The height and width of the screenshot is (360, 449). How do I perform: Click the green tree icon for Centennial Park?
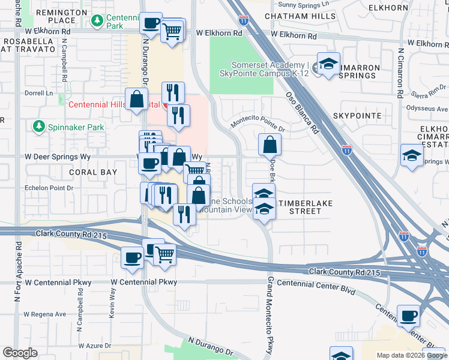97,21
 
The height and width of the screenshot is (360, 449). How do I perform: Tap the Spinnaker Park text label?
76,127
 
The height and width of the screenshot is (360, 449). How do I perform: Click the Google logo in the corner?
20,353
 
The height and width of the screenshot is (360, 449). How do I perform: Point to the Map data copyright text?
411,355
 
